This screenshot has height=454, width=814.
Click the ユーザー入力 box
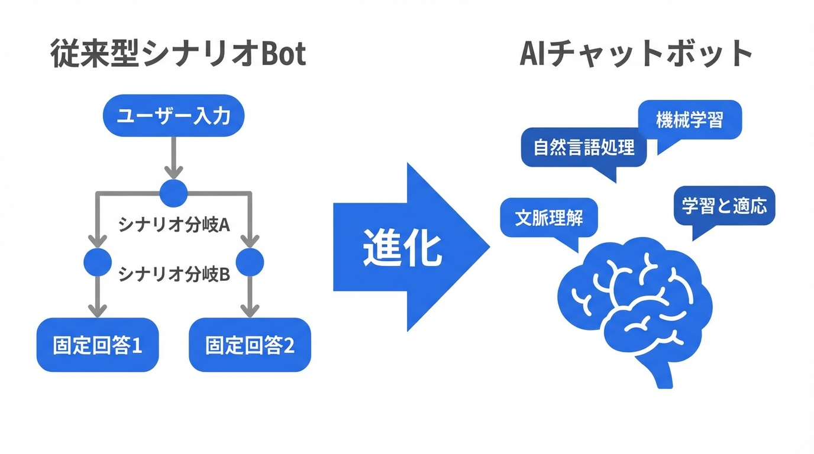[173, 116]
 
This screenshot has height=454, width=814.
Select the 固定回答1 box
[98, 345]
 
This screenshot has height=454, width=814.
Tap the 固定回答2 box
[250, 345]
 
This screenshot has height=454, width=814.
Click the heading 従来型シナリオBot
[178, 55]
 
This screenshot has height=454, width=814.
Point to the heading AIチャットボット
[636, 55]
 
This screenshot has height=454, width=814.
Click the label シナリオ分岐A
[174, 225]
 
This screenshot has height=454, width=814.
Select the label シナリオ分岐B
[174, 274]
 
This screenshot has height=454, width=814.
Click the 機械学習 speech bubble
[690, 120]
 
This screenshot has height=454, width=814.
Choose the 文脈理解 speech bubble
[549, 217]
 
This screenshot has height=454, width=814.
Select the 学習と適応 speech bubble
[724, 206]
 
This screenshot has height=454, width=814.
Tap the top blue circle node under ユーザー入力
[173, 193]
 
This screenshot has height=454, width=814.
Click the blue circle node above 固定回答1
[98, 262]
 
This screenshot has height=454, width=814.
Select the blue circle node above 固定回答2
[250, 262]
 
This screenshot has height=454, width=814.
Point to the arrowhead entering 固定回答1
[98, 310]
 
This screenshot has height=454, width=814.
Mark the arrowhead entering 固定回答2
[250, 310]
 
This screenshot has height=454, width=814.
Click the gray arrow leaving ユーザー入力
[173, 157]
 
